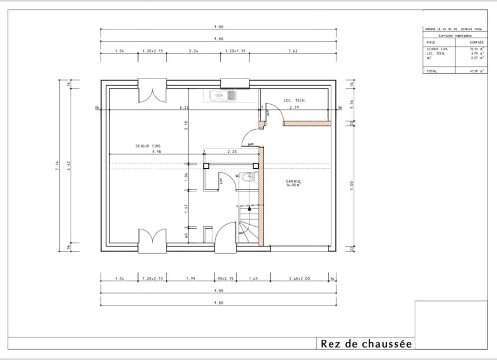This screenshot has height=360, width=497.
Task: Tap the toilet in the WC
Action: pos(249,177)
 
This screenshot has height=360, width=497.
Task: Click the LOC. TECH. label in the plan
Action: pos(295,101)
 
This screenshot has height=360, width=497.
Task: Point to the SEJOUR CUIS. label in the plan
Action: pos(148,146)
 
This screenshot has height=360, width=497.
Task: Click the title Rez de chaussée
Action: pos(366,343)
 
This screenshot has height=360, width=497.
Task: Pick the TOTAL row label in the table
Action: pos(430,71)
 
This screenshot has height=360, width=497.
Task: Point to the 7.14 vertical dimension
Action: pos(58,166)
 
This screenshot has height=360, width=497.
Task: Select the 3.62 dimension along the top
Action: pos(293,51)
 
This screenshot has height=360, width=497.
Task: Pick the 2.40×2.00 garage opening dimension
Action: pos(300,279)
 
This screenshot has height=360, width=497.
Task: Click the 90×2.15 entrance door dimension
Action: pos(226,279)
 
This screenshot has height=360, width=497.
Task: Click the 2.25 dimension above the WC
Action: pos(232,151)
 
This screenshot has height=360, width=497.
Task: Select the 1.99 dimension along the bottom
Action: pos(191,279)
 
